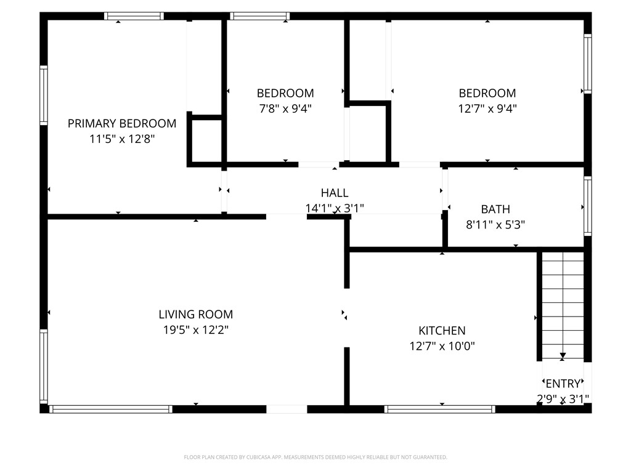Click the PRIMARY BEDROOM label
(x=122, y=123)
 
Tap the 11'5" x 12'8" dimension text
(x=122, y=139)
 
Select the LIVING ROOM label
(x=195, y=315)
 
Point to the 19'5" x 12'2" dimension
(x=195, y=330)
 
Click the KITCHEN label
(x=442, y=331)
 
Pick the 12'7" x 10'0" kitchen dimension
(x=442, y=346)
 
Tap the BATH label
(x=495, y=209)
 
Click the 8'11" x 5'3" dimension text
(x=495, y=224)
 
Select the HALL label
(x=335, y=193)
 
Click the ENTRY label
(x=563, y=384)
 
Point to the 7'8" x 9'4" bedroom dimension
(x=285, y=108)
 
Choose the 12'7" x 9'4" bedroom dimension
(x=487, y=108)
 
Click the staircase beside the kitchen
(x=563, y=305)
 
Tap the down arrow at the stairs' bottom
(x=563, y=355)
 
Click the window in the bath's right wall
(x=587, y=206)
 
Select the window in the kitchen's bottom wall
(x=439, y=410)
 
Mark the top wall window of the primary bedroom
(x=134, y=16)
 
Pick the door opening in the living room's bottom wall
(x=287, y=410)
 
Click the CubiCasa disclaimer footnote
(x=315, y=458)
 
